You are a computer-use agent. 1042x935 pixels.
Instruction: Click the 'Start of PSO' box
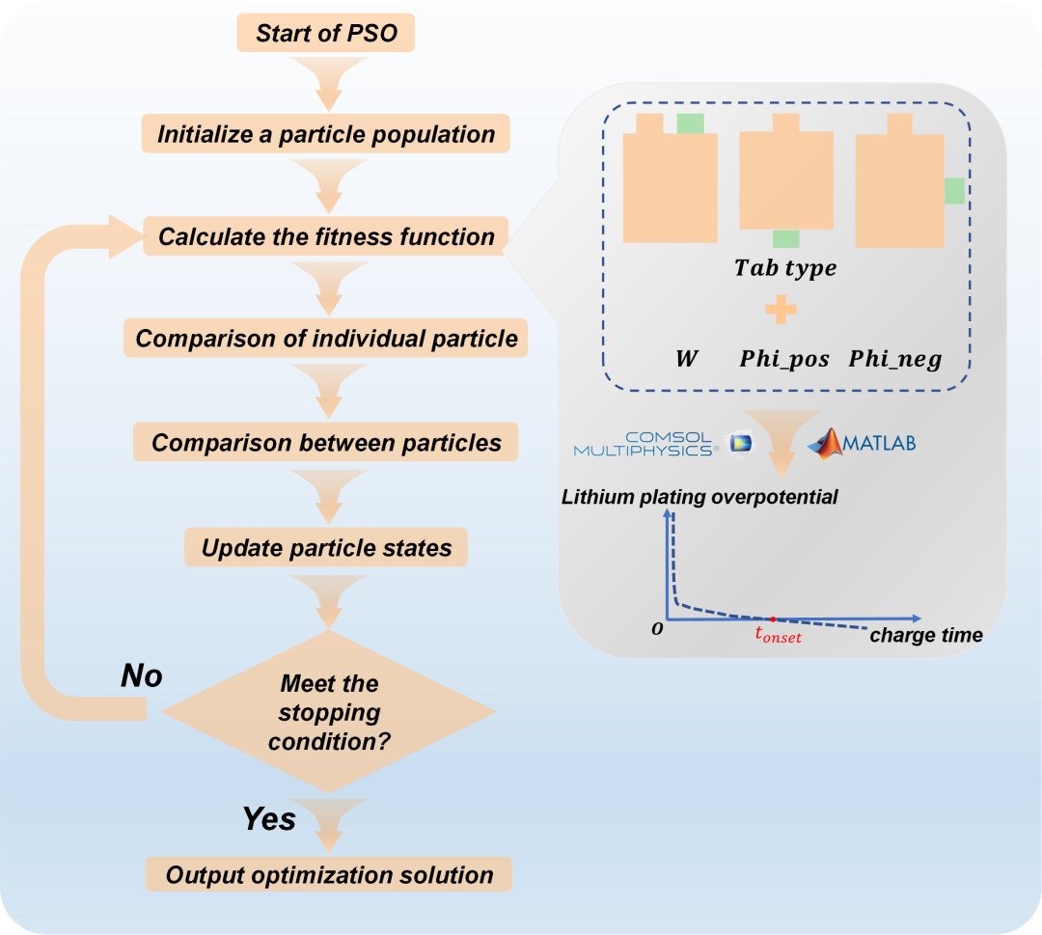tap(326, 33)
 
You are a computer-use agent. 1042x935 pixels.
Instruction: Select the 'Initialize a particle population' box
tap(326, 133)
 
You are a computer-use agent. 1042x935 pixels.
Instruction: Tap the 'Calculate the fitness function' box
tap(326, 235)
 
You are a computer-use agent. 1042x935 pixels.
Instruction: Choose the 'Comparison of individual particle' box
tap(326, 339)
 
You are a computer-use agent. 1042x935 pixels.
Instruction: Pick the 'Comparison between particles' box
tap(326, 442)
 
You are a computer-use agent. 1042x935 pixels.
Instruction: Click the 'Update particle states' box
tap(326, 547)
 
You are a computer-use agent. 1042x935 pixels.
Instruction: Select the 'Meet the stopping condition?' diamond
tap(329, 712)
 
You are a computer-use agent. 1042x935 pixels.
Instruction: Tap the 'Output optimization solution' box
tap(329, 874)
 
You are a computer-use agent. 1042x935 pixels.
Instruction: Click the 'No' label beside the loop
tap(142, 675)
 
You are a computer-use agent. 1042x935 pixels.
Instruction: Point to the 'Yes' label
tap(269, 818)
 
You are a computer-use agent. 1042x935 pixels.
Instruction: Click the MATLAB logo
tap(862, 443)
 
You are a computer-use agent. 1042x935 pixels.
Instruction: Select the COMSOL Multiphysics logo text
tap(645, 444)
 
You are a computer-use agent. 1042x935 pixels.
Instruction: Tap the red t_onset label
tap(779, 635)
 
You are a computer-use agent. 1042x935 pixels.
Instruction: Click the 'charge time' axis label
tap(926, 635)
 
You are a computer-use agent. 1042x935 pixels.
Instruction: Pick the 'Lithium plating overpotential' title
tap(699, 497)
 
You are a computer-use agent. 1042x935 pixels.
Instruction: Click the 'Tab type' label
tap(785, 268)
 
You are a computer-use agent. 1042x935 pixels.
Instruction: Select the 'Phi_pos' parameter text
tap(784, 359)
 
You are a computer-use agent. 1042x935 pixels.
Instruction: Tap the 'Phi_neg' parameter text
tap(895, 359)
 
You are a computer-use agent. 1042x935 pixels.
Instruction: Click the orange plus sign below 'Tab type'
tap(781, 309)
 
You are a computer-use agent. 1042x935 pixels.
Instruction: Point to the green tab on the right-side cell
tap(954, 191)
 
